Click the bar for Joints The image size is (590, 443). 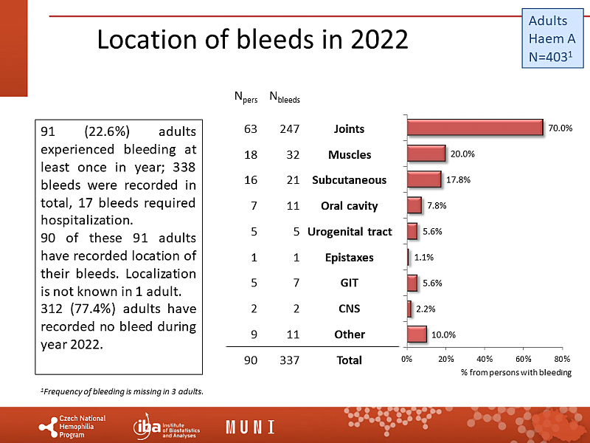click(474, 128)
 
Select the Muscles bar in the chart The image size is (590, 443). click(426, 154)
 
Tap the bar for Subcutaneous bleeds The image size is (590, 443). click(423, 179)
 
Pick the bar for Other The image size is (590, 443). click(416, 334)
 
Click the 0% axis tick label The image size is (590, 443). click(406, 359)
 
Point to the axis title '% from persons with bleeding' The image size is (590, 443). click(516, 372)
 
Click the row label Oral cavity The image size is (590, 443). click(349, 206)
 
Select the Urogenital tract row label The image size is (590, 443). click(349, 232)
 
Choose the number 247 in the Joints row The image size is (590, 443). click(288, 129)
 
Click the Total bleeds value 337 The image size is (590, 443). click(288, 360)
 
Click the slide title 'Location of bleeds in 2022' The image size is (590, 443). click(252, 40)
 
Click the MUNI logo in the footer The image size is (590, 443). click(250, 427)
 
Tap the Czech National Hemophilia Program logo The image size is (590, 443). click(72, 427)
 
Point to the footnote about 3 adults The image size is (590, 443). click(121, 391)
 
